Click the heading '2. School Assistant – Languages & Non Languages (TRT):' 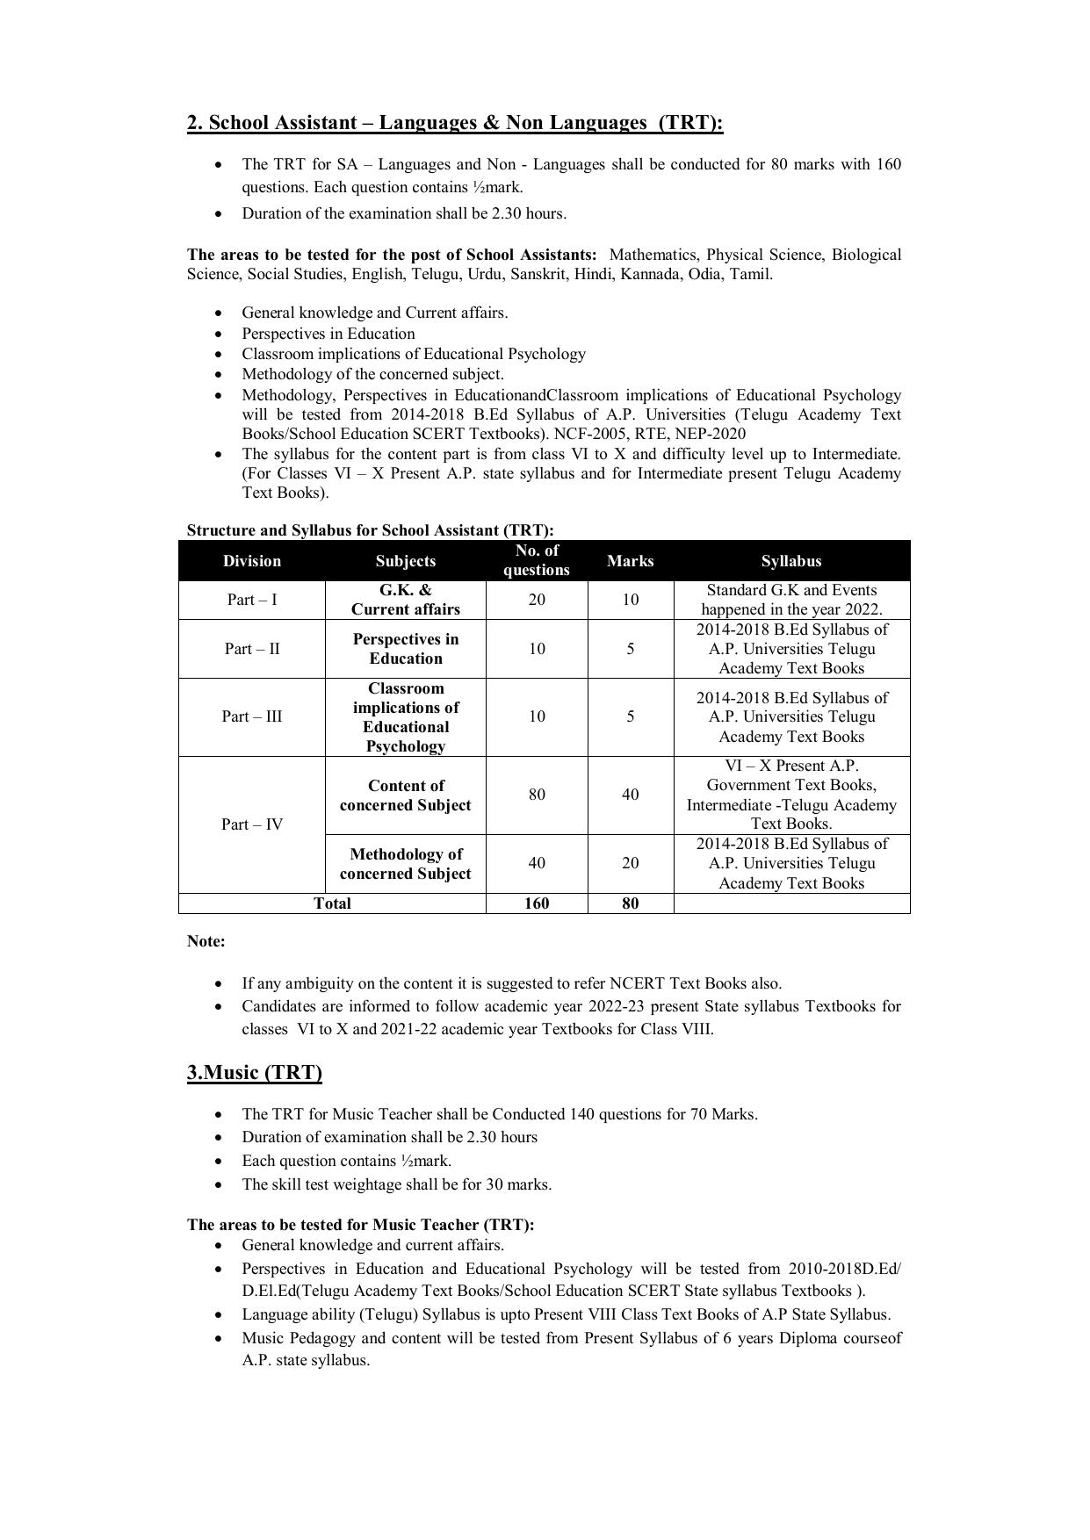tap(454, 123)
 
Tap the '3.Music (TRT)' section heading tap(254, 1072)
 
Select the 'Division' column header tap(252, 561)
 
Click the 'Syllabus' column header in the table tap(791, 561)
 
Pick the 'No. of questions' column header tap(537, 560)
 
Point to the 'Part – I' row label tap(252, 600)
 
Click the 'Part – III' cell tap(252, 716)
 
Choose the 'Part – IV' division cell tap(252, 824)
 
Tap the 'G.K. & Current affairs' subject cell tap(405, 600)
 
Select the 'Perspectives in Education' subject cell tap(405, 649)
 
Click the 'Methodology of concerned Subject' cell tap(405, 864)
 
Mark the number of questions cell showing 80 tap(537, 795)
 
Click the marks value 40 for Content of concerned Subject tap(631, 795)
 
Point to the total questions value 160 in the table tap(537, 903)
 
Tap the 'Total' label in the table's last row tap(332, 903)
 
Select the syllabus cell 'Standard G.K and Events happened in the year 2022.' tap(791, 600)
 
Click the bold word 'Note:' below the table tap(206, 941)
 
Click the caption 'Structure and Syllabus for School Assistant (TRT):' tap(370, 530)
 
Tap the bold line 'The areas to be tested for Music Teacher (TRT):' tap(360, 1224)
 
